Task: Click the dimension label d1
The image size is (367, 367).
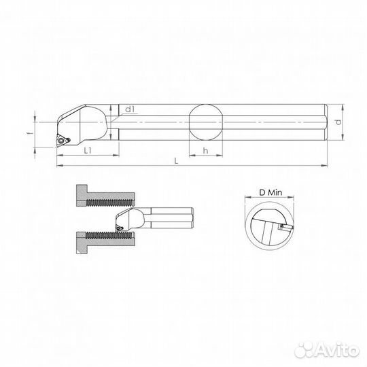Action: (131, 109)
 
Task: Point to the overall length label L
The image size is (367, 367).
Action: (176, 160)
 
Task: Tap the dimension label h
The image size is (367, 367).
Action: (205, 150)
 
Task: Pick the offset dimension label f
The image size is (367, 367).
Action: (39, 133)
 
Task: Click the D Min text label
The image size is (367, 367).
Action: (270, 193)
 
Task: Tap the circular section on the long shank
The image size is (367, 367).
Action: (205, 122)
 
